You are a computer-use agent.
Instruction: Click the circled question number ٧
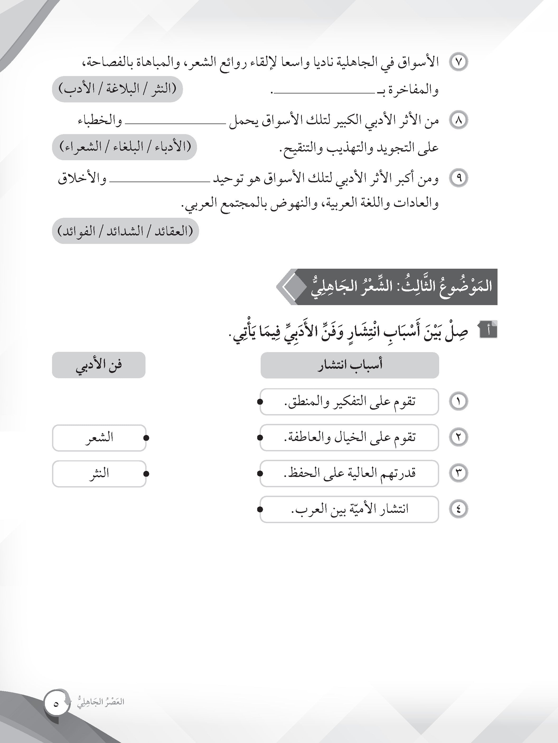(x=458, y=63)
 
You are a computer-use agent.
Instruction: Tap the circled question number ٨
(x=458, y=121)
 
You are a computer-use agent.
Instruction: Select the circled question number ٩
(x=458, y=178)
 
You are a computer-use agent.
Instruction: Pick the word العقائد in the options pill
(x=174, y=231)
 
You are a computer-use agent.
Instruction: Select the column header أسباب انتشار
(x=350, y=365)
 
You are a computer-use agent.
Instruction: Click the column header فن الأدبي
(x=99, y=365)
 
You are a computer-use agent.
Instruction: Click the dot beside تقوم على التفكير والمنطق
(x=260, y=402)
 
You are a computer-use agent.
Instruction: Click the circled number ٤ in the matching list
(x=458, y=510)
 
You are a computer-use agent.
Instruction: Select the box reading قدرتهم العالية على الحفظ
(x=350, y=474)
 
